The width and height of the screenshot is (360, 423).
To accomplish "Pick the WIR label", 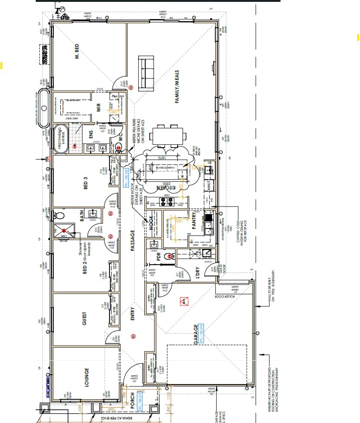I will [98, 107].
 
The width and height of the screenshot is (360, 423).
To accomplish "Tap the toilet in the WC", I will [119, 148].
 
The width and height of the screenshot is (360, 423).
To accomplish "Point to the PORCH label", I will [132, 402].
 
